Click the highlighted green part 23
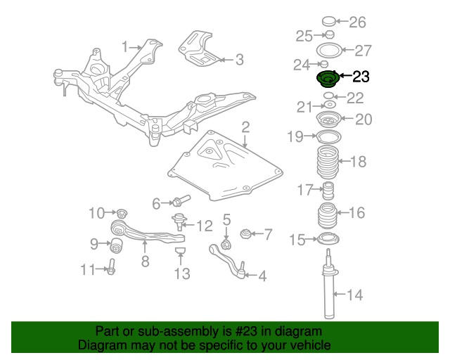(x=327, y=79)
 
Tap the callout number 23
(x=360, y=77)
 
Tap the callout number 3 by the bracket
(x=239, y=60)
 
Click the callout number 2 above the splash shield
(x=245, y=127)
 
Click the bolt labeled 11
(x=112, y=268)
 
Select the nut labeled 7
(x=246, y=234)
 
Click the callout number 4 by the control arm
(x=262, y=276)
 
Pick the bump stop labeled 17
(x=327, y=191)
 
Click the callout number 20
(x=362, y=120)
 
